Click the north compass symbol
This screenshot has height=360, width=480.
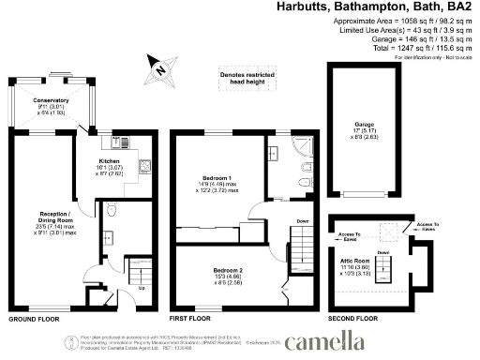(160, 67)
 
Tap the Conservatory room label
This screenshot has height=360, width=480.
(51, 99)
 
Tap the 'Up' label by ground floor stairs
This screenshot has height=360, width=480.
(142, 287)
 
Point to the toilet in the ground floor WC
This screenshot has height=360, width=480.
(111, 208)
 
